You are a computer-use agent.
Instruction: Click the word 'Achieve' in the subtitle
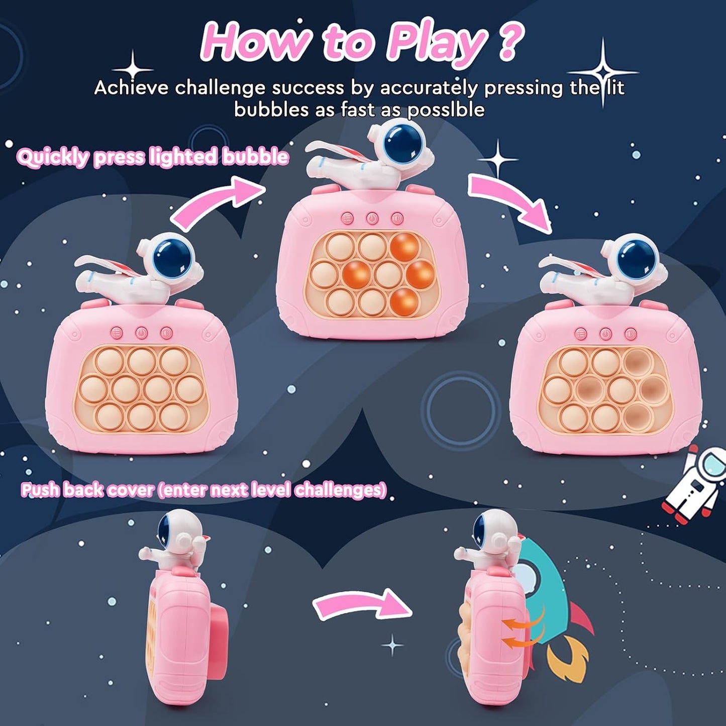point(131,88)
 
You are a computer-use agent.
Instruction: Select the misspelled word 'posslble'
point(446,110)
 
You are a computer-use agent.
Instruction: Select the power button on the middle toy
point(372,219)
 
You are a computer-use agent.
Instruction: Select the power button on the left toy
point(142,333)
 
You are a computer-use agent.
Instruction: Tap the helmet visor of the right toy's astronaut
point(630,257)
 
